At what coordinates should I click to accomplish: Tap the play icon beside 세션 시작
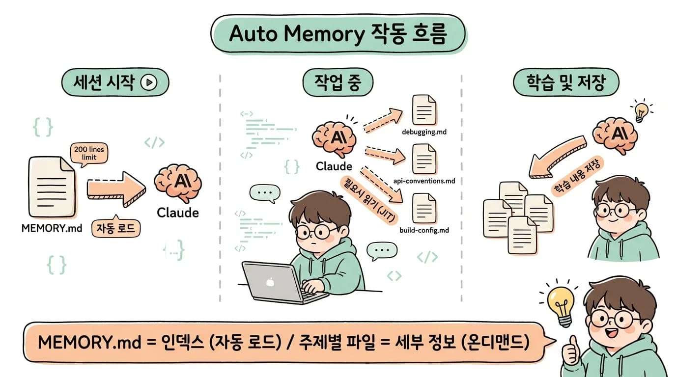coord(148,83)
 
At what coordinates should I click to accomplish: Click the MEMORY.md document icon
coord(52,187)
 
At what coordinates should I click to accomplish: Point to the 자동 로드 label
coord(116,228)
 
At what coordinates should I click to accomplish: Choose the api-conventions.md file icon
coord(424,159)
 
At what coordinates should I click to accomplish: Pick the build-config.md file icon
coord(424,208)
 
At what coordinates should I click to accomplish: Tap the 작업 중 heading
coord(338,82)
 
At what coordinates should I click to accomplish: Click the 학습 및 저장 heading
coord(565,83)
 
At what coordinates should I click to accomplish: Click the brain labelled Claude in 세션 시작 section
coord(177,184)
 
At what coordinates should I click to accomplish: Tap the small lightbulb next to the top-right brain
coord(642,112)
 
